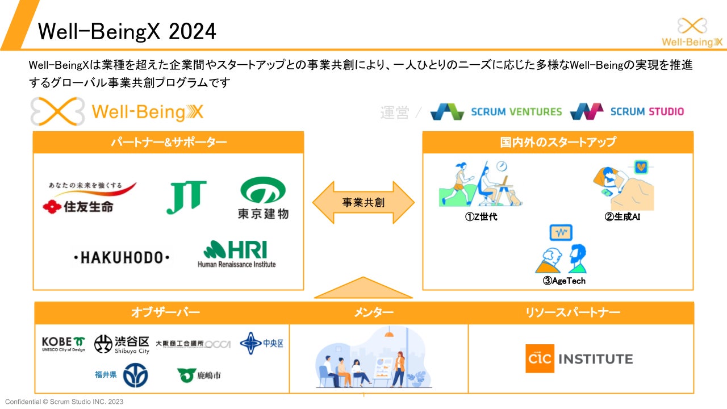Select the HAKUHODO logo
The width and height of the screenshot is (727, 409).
coord(122,258)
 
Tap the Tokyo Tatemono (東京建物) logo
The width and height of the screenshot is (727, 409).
coord(262,198)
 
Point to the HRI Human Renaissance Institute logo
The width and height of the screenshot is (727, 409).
coord(236,254)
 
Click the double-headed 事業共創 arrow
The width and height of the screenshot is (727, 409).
coord(363,202)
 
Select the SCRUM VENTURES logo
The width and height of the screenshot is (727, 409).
coord(496,111)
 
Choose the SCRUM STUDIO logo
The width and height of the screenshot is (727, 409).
coord(627,111)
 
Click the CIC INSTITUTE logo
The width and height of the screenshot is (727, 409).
coord(579,359)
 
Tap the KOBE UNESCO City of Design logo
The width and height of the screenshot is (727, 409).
coord(64,344)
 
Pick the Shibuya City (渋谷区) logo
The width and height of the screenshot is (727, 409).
coord(122,344)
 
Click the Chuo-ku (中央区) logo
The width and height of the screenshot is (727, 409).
coord(261,343)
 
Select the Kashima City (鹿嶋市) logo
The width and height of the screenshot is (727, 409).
coord(199,375)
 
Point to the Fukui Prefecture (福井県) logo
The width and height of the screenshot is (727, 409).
coord(121,375)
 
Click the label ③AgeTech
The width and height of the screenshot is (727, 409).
coord(564,281)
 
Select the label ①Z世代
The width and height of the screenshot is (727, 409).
coord(481,216)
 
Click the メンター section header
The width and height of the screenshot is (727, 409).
coord(374,312)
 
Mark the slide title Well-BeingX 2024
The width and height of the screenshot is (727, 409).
coord(127,32)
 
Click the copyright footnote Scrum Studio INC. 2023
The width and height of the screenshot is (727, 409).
coord(64,402)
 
